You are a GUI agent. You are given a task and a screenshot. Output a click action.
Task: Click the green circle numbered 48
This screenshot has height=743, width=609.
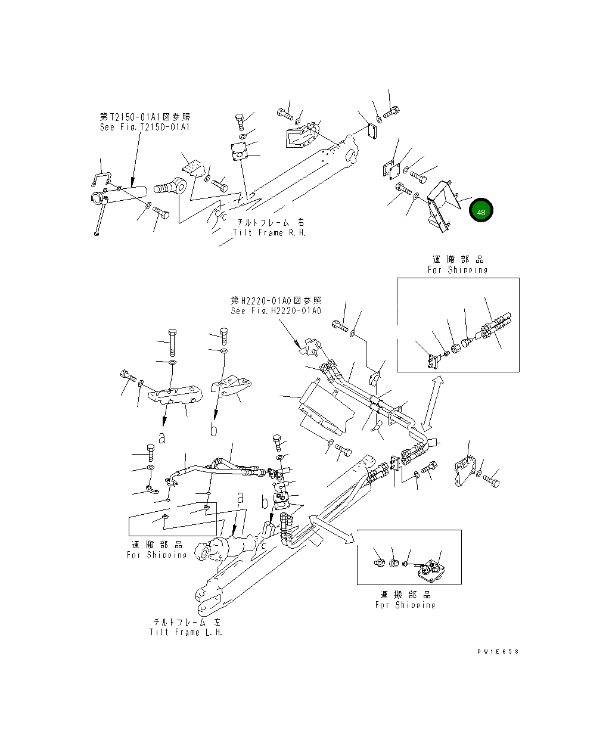[x=481, y=212]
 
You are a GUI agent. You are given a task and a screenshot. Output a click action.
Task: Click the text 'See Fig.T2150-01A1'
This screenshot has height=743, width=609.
[x=145, y=128]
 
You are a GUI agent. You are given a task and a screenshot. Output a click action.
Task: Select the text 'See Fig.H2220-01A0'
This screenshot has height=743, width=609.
[x=276, y=311]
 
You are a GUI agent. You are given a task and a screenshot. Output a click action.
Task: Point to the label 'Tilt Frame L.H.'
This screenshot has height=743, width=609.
[x=186, y=632]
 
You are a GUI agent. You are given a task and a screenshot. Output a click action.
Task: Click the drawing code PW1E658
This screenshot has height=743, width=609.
[x=498, y=651]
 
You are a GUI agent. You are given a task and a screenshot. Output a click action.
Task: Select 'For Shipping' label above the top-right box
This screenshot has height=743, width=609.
[x=458, y=269]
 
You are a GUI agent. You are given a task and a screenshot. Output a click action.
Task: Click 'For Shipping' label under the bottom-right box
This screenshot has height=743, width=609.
[x=405, y=605]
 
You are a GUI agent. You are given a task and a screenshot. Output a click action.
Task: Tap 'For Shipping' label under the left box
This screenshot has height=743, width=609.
[x=157, y=555]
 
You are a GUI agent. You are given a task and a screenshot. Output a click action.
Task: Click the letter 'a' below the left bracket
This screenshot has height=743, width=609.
[x=161, y=438]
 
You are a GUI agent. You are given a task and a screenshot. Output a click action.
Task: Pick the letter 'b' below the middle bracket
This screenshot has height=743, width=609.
[x=213, y=430]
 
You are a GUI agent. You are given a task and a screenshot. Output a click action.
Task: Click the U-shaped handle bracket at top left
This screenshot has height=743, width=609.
[x=102, y=180]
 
